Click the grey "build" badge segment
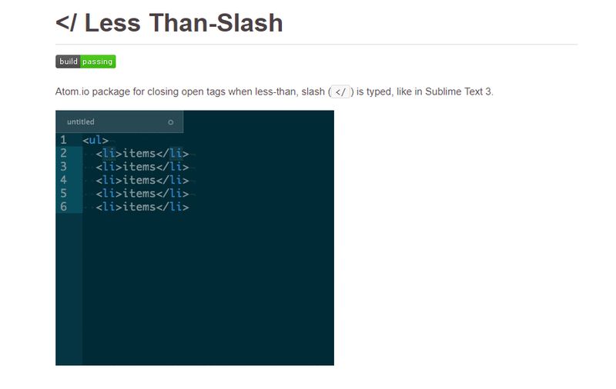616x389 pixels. pos(68,62)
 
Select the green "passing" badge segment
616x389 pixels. pos(98,62)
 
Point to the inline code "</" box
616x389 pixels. pos(340,91)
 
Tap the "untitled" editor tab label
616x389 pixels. pos(81,121)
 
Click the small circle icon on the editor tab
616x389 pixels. pos(170,122)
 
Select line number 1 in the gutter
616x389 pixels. pos(63,140)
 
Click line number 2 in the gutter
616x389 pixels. pos(63,153)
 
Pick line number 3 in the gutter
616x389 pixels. pos(63,167)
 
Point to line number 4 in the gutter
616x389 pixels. pos(63,180)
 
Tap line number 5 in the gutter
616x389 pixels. pos(63,193)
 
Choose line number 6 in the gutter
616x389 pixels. pos(63,207)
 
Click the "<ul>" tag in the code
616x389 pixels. pos(95,140)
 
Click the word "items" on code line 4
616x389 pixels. pos(139,180)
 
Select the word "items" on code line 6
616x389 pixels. pos(139,207)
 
